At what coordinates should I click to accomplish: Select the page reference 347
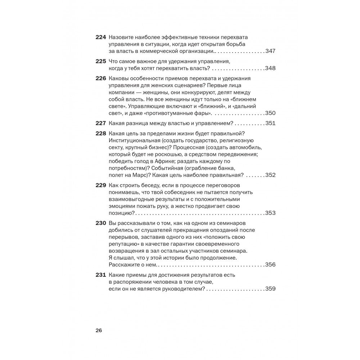point(270,51)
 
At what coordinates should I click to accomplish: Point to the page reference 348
point(270,68)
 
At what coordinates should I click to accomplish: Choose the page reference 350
point(270,113)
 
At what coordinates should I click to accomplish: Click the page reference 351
point(270,123)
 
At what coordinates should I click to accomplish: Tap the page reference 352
point(270,175)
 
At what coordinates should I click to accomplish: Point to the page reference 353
point(270,213)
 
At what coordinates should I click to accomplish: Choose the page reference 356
point(270,265)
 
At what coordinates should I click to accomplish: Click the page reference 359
point(270,289)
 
